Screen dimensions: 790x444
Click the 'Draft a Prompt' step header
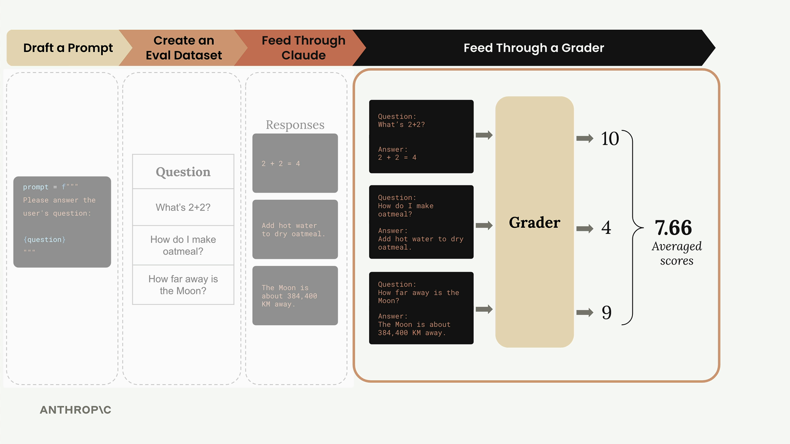click(x=68, y=48)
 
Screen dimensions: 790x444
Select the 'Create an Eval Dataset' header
click(x=184, y=48)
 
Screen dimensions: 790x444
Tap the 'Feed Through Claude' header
click(x=303, y=48)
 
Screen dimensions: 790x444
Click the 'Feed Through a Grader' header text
click(x=534, y=48)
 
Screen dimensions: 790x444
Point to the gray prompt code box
click(x=62, y=222)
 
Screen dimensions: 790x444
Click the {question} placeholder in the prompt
click(x=44, y=240)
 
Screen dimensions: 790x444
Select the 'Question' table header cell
click(x=183, y=172)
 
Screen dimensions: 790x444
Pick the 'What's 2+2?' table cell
click(x=183, y=207)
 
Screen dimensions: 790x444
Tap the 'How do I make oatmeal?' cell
click(x=183, y=245)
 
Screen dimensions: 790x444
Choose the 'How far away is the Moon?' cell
click(x=183, y=285)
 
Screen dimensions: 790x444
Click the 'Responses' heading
click(x=295, y=125)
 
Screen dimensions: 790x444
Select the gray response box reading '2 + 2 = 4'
click(x=295, y=163)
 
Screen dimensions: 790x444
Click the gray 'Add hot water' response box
click(x=295, y=229)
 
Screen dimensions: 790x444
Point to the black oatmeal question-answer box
click(x=421, y=222)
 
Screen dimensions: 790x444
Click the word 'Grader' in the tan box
click(x=534, y=222)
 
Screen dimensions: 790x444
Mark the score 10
click(x=610, y=139)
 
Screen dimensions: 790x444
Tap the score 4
click(x=606, y=228)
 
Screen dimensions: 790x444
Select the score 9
click(x=606, y=312)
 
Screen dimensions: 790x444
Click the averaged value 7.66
click(x=673, y=228)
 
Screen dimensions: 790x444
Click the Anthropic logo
click(x=76, y=410)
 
